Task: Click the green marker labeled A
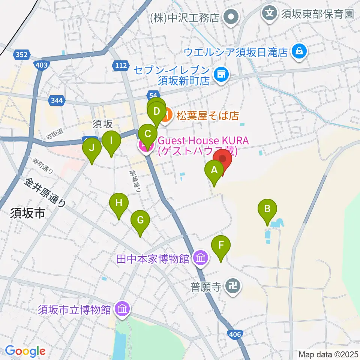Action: pos(214,171)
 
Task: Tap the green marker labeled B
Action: pos(267,209)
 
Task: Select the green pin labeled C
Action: pos(148,134)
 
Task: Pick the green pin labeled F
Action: pos(221,246)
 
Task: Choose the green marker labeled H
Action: pos(119,203)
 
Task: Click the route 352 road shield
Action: pos(21,55)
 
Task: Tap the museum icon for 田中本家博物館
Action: pos(201,258)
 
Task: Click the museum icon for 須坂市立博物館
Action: pos(122,309)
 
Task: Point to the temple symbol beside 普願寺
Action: pos(232,288)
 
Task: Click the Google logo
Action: pos(25,351)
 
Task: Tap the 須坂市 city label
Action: pos(28,214)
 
